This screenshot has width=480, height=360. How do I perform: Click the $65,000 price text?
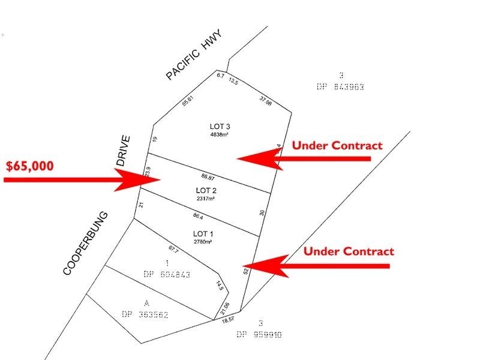click(29, 166)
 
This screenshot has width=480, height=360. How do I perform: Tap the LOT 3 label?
click(220, 127)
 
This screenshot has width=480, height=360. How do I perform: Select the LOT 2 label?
click(206, 191)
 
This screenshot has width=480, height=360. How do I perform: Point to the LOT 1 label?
click(203, 234)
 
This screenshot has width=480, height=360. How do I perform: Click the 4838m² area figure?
click(220, 135)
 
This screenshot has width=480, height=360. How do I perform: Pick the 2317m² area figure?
click(206, 199)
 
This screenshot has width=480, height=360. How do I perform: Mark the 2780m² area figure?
click(203, 242)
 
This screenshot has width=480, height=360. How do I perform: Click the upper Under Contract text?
click(337, 146)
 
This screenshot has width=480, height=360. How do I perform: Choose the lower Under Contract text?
click(349, 251)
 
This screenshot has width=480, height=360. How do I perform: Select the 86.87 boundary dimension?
click(208, 178)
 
